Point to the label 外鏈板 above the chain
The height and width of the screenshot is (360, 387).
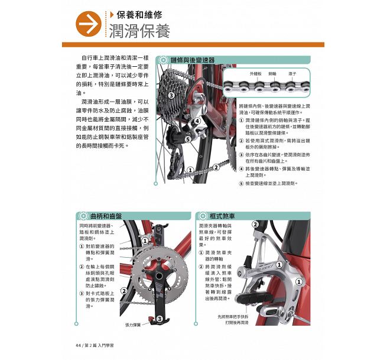click(256, 73)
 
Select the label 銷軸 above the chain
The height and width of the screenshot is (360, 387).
click(272, 73)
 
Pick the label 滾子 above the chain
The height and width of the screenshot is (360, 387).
click(292, 73)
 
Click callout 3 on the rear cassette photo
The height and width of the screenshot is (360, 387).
click(171, 95)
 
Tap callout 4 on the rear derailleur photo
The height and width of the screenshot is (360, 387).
click(198, 121)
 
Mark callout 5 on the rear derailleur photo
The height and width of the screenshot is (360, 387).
click(187, 140)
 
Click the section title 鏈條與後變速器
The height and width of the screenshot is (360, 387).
click(192, 60)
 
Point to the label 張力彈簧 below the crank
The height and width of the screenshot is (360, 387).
click(134, 325)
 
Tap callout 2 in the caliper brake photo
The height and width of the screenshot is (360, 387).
click(255, 225)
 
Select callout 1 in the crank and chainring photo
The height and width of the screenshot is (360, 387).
click(144, 241)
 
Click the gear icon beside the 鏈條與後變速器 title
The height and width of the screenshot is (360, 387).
click(163, 60)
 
